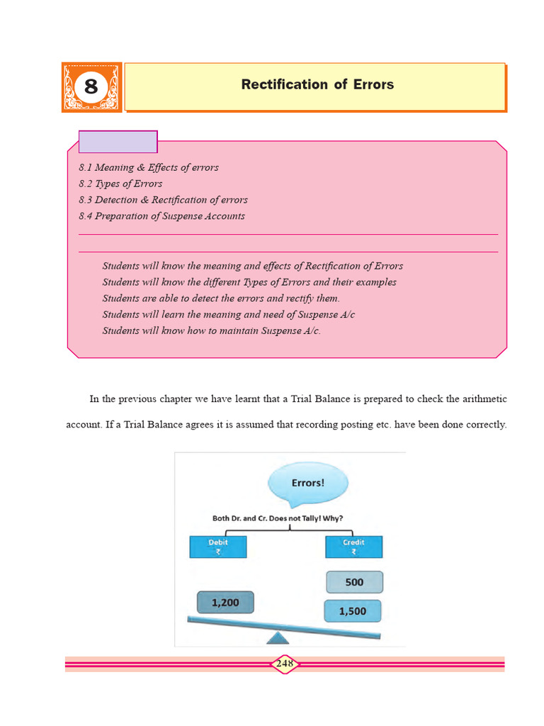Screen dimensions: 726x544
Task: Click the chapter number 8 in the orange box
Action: [x=91, y=87]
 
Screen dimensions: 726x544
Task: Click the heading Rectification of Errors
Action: [x=317, y=84]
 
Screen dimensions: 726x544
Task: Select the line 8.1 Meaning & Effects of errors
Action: [x=149, y=167]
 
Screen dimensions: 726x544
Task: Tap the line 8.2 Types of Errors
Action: [x=120, y=184]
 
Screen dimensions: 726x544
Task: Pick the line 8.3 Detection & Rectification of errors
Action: [x=163, y=200]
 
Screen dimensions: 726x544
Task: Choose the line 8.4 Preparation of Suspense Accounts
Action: [x=161, y=216]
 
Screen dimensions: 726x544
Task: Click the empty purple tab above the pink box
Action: [x=118, y=142]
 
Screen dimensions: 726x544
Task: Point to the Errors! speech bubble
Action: [x=308, y=484]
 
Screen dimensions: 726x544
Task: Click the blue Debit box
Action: [x=217, y=547]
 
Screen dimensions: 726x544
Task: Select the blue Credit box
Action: [x=353, y=547]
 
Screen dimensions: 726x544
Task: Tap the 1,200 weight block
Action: [x=225, y=603]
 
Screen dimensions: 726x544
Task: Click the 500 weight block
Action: [x=354, y=582]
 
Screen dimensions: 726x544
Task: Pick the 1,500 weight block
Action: [x=352, y=611]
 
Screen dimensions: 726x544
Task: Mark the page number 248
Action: [x=285, y=664]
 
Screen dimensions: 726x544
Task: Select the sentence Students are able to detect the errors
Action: [x=221, y=298]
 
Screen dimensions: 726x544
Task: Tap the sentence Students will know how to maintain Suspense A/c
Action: [x=211, y=330]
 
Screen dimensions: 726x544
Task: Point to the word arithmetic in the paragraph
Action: [x=484, y=399]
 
